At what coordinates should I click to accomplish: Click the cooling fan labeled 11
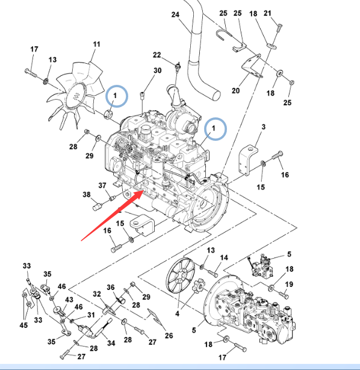tap(76, 96)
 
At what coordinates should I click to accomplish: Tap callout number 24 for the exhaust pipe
tap(175, 14)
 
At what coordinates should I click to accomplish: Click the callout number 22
tap(157, 55)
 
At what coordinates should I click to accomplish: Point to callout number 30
tap(158, 70)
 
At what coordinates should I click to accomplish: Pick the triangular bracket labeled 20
tap(252, 66)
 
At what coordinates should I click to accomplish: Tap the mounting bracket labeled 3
tap(249, 160)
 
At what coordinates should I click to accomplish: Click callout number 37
tap(102, 185)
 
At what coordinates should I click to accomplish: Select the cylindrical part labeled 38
tap(96, 207)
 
